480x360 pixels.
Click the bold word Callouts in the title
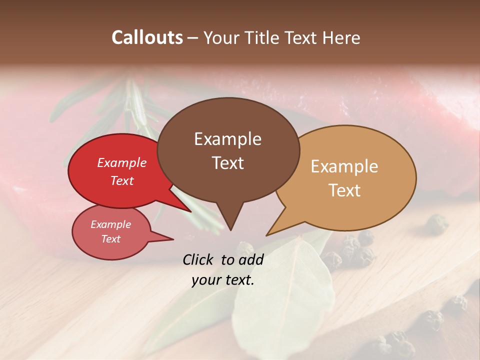[x=147, y=37]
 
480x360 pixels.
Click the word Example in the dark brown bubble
[x=227, y=139]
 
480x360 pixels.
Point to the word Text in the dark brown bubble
[x=227, y=163]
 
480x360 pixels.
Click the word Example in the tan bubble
[x=344, y=166]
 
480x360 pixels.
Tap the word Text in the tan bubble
[x=344, y=190]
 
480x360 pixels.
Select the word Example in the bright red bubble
[x=122, y=163]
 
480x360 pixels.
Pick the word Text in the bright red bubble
[x=122, y=180]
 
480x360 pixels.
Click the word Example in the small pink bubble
[x=111, y=224]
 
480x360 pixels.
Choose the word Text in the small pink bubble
[x=111, y=239]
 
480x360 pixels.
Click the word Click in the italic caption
[x=198, y=259]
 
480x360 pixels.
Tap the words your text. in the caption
[x=223, y=280]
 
